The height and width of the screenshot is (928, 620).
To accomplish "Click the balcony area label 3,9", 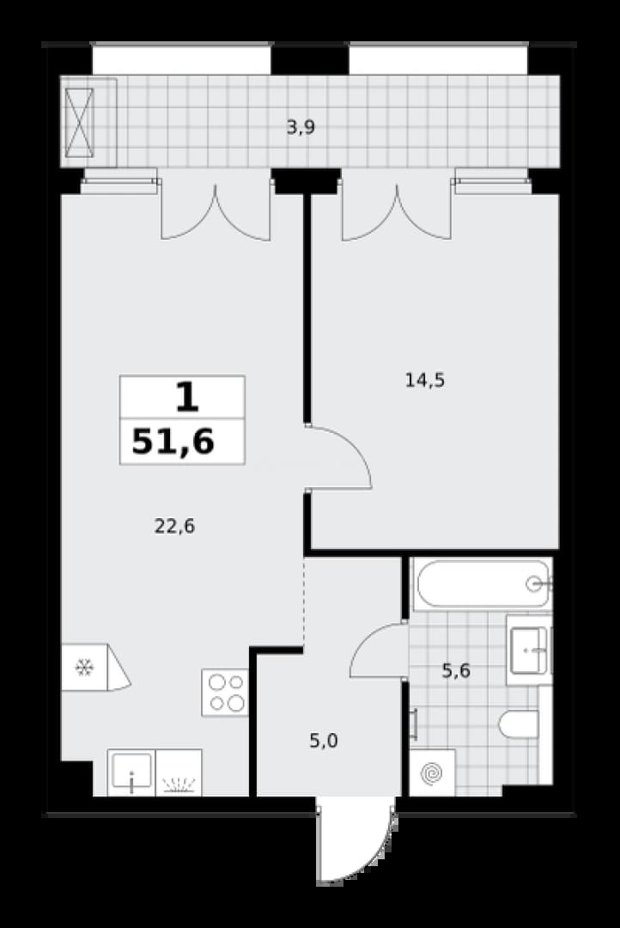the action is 301,127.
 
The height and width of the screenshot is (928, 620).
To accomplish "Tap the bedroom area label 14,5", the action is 425,380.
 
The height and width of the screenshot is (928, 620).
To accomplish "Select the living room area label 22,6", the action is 174,526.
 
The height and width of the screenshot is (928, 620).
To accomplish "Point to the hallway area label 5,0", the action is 324,740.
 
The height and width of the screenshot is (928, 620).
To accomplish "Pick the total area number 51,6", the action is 173,442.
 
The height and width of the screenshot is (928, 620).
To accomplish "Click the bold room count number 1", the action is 187,397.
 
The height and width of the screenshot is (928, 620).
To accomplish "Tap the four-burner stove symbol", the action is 225,693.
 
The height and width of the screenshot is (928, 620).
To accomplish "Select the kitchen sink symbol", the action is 131,772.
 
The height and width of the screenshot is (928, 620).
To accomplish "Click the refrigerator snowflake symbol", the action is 85,668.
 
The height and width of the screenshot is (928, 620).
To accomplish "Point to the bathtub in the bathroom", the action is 483,583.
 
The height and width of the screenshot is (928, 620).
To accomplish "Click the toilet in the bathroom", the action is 519,724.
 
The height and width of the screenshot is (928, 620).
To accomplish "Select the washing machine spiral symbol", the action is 432,772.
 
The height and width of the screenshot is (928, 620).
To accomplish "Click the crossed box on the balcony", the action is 79,123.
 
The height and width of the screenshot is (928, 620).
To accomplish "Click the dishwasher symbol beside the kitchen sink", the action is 178,772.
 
